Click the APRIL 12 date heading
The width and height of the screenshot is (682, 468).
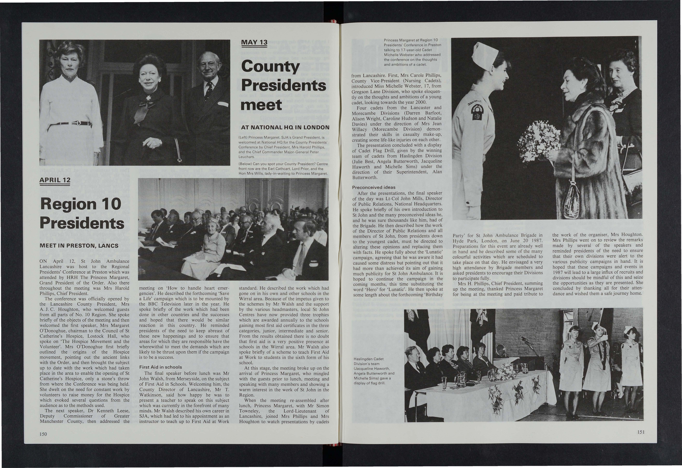pyautogui.click(x=55, y=180)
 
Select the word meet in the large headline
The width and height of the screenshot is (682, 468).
pyautogui.click(x=261, y=105)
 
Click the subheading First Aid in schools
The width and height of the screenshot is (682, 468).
pyautogui.click(x=160, y=367)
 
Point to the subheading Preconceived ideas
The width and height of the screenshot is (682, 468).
pyautogui.click(x=374, y=187)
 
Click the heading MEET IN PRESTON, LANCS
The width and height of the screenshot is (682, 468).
pyautogui.click(x=79, y=246)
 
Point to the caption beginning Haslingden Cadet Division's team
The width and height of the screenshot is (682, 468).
pyautogui.click(x=374, y=371)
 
